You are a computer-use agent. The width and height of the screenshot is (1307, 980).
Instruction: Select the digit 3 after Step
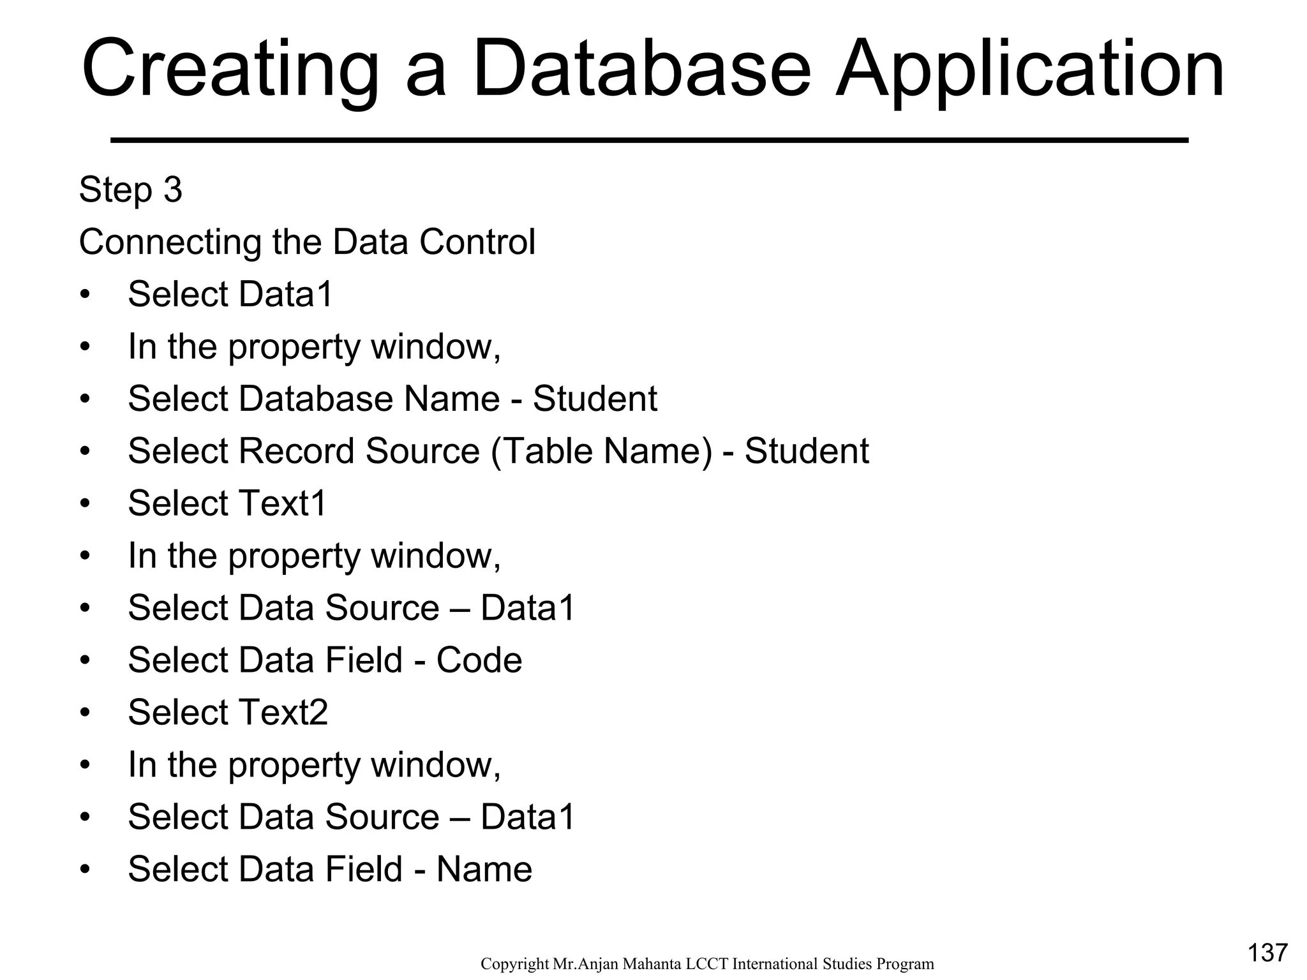click(173, 189)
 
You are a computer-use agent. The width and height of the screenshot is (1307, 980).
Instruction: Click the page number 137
click(1267, 953)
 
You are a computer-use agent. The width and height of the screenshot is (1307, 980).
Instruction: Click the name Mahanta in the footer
click(652, 963)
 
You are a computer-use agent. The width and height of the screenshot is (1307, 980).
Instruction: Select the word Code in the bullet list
click(479, 660)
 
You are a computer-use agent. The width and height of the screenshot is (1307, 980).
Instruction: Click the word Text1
click(282, 503)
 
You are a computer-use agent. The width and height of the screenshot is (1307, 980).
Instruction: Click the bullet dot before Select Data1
click(86, 295)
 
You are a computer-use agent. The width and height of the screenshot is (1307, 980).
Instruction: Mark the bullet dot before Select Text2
click(86, 713)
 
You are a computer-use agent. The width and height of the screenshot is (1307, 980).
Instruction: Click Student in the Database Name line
click(595, 399)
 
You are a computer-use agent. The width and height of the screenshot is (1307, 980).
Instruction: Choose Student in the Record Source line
click(807, 451)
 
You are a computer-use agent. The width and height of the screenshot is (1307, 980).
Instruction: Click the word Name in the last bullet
click(484, 869)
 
